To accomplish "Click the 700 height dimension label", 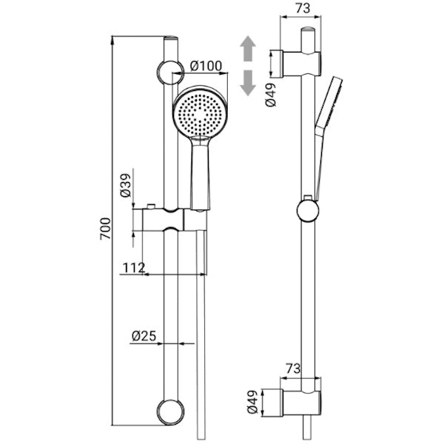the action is coord(105,229).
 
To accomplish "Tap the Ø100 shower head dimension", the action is coord(206,66).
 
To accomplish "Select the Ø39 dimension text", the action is coord(126,185).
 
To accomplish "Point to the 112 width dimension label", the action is coord(134,267).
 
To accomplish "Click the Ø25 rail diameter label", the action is coord(144,336).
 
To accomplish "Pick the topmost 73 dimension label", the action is coord(303,8).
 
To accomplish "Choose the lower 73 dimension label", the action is coord(293,369).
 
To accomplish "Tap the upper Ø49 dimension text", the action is coord(271,95).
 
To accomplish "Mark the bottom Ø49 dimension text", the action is coord(252,402).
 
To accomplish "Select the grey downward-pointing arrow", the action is coord(248,83).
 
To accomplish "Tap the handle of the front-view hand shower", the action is coord(201,173).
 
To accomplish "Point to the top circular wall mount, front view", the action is coord(170,73).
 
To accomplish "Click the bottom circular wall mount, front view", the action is coord(170,412).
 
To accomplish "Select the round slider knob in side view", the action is coord(308,210).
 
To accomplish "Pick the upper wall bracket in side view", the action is coord(301,64).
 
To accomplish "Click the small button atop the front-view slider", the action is coord(151,206).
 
